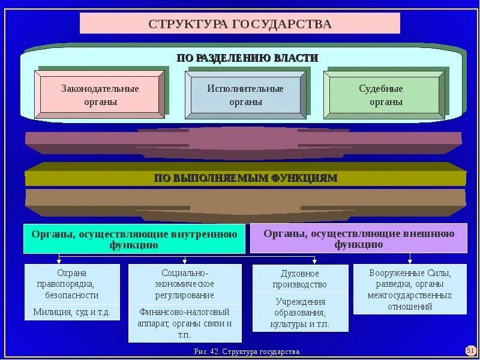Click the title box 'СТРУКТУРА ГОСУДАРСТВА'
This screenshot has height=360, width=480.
coord(240,23)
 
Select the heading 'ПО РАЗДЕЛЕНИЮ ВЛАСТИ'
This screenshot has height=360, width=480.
coord(247,58)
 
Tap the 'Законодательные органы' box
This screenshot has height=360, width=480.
coord(100,95)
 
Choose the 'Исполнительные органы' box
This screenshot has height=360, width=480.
coord(245,95)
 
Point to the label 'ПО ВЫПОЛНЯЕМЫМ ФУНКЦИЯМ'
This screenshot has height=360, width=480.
coord(245,178)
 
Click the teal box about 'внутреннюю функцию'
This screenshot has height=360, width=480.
coord(134,239)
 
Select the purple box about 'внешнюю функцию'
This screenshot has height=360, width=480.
coord(358,238)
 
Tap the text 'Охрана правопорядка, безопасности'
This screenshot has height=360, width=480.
coord(72,284)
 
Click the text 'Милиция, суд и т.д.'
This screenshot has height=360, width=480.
coord(72,313)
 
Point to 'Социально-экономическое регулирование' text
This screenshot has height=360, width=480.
coord(185,284)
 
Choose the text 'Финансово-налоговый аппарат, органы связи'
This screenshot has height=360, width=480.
coord(185,322)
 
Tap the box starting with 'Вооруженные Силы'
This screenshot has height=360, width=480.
coord(410,289)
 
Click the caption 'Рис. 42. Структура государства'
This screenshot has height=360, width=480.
coord(247,351)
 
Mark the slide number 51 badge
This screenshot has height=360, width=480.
coord(470,350)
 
